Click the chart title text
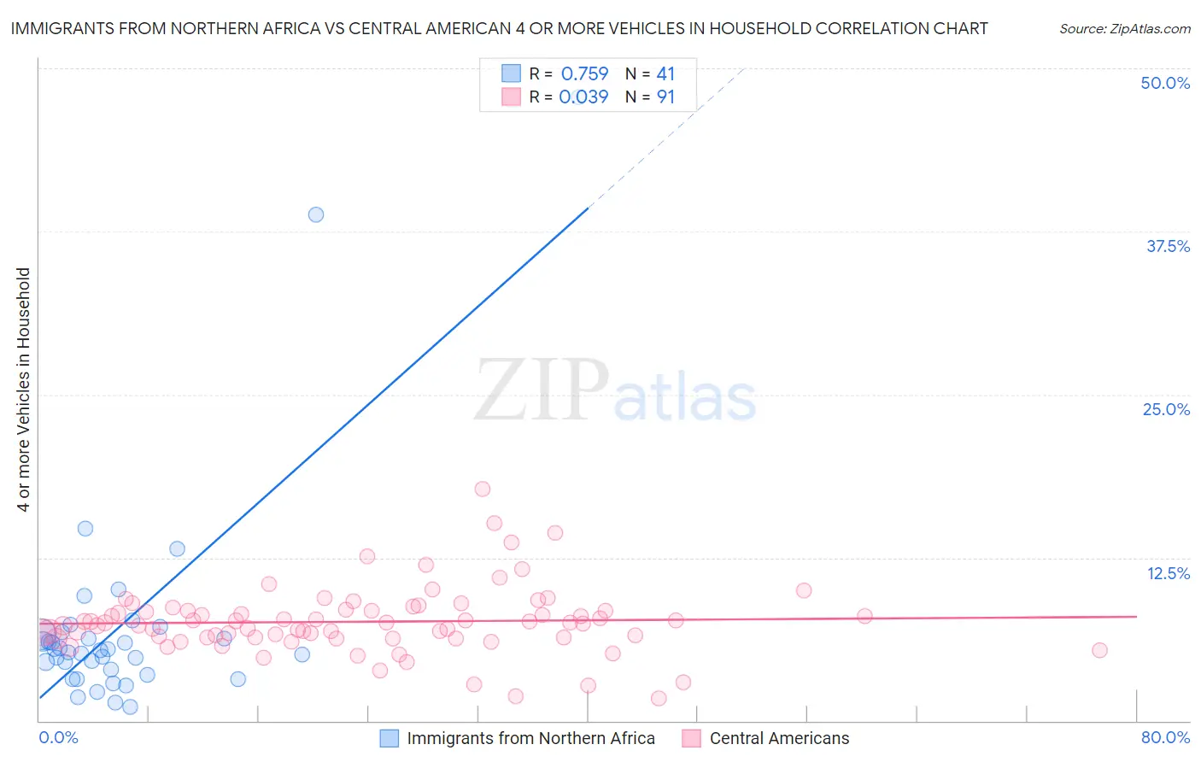click(x=499, y=28)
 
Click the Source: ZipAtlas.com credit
click(x=1124, y=28)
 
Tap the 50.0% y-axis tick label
click(x=1165, y=83)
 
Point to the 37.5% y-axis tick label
click(x=1168, y=246)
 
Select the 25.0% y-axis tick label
click(x=1166, y=409)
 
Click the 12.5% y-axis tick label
click(x=1168, y=573)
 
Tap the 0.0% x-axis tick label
click(x=58, y=737)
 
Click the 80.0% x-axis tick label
click(x=1165, y=737)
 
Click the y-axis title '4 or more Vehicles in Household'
click(x=23, y=390)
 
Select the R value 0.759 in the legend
click(x=584, y=73)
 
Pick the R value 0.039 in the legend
click(x=583, y=97)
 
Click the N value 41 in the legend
click(x=665, y=73)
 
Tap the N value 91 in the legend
click(x=665, y=97)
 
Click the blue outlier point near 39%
click(x=316, y=214)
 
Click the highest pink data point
click(x=483, y=489)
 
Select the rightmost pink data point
click(x=1099, y=650)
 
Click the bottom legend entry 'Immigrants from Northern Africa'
click(x=530, y=738)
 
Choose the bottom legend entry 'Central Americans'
click(x=779, y=738)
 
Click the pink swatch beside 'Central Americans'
click(x=692, y=738)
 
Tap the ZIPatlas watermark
click(x=615, y=390)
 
